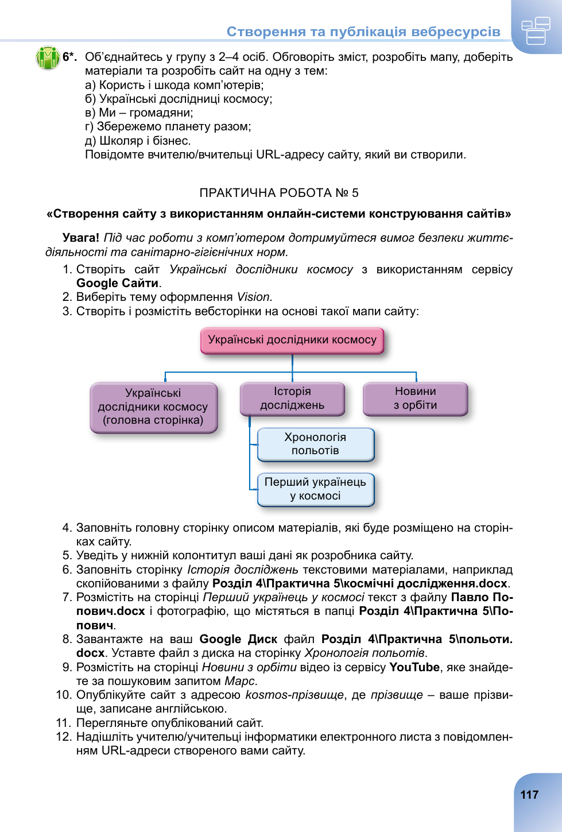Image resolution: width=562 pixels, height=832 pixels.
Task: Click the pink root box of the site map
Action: pos(292,340)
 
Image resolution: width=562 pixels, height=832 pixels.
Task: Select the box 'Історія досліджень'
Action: pos(292,398)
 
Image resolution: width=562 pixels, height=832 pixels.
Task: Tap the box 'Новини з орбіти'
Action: pos(415,398)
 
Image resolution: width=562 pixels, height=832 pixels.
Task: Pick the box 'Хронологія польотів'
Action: pos(315,444)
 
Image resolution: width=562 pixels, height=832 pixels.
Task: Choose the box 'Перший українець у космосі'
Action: pos(315,489)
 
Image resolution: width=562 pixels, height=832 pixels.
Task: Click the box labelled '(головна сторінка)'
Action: pos(153,407)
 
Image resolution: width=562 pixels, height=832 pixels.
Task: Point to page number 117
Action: pos(529,795)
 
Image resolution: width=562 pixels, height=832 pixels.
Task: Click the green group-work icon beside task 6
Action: pos(48,57)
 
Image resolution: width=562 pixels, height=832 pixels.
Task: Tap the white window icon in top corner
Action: pos(536,30)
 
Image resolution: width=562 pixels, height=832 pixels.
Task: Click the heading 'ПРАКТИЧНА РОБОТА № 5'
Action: pos(279,193)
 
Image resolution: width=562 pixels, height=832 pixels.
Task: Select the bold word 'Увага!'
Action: pos(80,238)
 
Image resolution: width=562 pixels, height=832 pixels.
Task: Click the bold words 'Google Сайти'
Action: pos(118,283)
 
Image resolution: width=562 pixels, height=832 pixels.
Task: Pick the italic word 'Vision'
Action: pos(253,297)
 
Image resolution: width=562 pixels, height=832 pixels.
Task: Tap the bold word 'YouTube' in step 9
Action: pos(414,667)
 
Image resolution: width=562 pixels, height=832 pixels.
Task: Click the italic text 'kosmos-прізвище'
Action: pos(294,695)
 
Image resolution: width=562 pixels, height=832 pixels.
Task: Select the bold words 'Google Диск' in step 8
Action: pos(238,639)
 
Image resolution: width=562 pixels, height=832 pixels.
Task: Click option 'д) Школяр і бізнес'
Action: pos(138,141)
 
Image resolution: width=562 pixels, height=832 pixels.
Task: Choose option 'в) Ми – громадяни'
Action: pos(139,113)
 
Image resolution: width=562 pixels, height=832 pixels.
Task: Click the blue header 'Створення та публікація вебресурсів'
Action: pos(363,32)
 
